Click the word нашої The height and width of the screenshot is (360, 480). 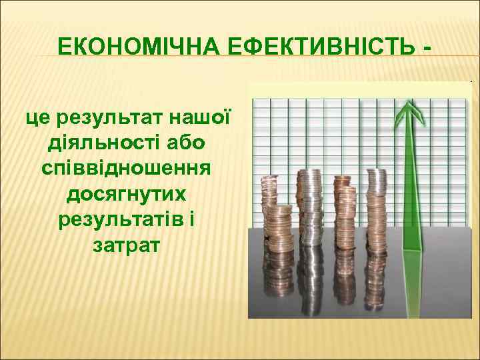[200, 119]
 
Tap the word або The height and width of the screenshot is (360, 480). [186, 144]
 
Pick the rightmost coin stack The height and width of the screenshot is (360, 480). [376, 200]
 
